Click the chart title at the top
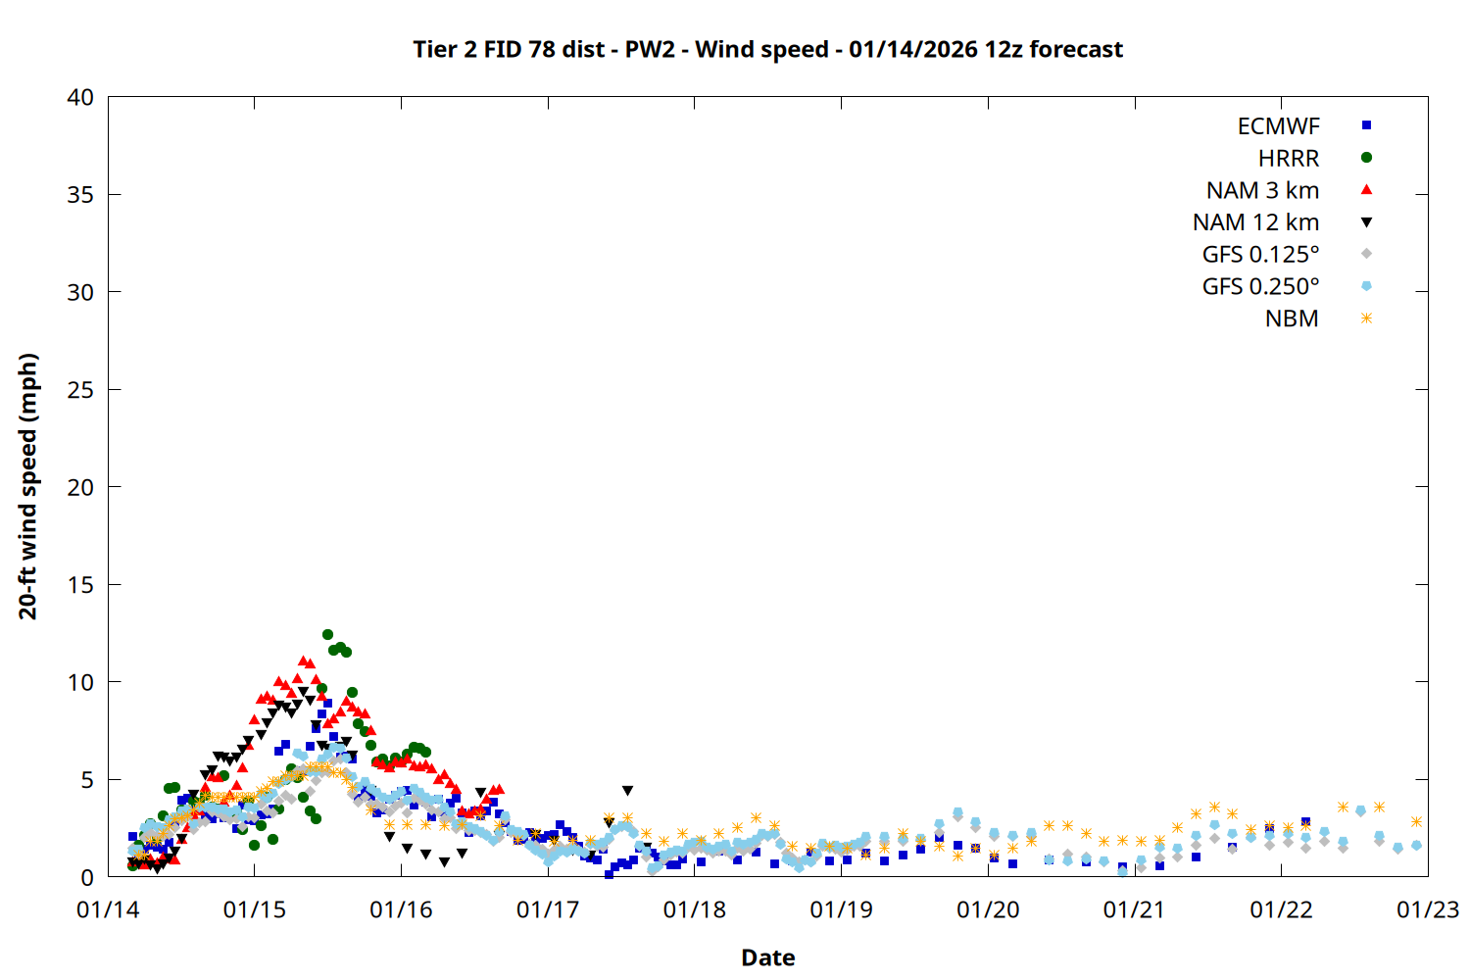(x=767, y=49)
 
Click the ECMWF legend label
(x=1278, y=126)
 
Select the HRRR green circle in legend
(x=1366, y=158)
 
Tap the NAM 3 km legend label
(x=1262, y=190)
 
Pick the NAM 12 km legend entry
(x=1255, y=222)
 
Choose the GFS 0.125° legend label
(x=1260, y=255)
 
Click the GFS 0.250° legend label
(x=1260, y=286)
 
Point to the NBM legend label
(x=1292, y=318)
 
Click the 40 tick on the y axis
(x=80, y=97)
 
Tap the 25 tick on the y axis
(x=80, y=390)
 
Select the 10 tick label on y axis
(x=80, y=682)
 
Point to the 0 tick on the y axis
(x=87, y=877)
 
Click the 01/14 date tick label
(x=108, y=909)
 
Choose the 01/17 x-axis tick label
(x=548, y=909)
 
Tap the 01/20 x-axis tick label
(x=988, y=909)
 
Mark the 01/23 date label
(x=1427, y=909)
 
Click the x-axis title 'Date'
(x=767, y=957)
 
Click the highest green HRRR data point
(x=327, y=634)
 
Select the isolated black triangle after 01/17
(x=627, y=790)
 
